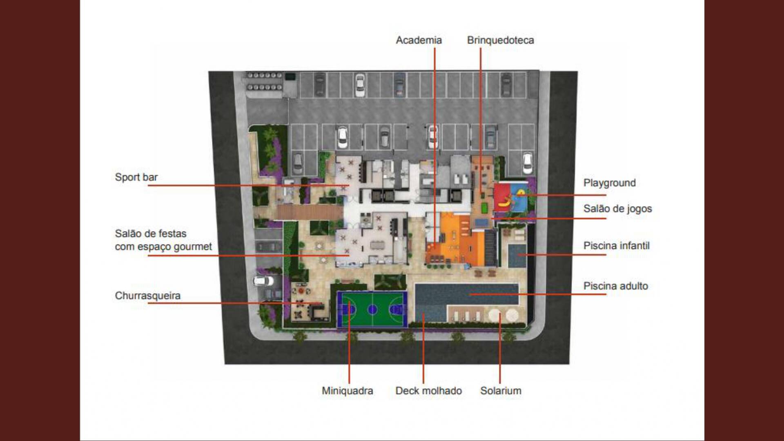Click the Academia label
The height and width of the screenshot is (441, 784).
[419, 40]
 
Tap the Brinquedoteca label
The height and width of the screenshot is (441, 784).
[500, 40]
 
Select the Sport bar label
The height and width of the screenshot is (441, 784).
[136, 177]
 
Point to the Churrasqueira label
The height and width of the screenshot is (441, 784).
[147, 296]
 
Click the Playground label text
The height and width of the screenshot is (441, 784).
[609, 183]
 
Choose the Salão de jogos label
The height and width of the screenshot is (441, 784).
[617, 209]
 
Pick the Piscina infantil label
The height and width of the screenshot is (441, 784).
[616, 246]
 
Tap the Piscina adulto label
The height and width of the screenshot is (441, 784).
[615, 286]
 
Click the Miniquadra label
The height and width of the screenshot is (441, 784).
[347, 391]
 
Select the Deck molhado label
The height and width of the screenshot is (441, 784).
[428, 391]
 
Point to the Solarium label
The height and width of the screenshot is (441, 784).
[501, 391]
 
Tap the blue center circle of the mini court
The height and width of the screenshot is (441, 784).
[372, 310]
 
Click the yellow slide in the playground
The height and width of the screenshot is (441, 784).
[506, 200]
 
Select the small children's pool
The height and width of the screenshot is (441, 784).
[517, 256]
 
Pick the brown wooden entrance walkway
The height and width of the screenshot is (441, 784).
[310, 212]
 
